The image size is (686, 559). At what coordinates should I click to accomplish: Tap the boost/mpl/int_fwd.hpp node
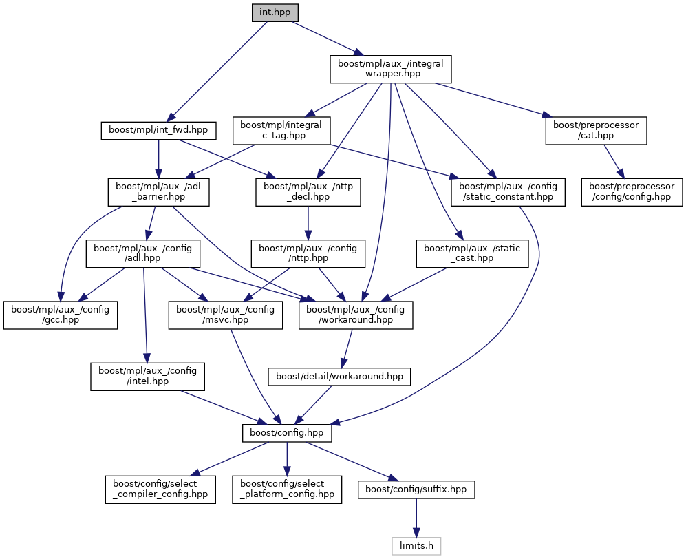coord(159,130)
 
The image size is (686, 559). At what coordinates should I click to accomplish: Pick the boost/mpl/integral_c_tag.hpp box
coord(282,130)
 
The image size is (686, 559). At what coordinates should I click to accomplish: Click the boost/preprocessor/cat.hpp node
coord(597,130)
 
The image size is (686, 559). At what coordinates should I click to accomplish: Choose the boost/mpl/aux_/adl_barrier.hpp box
coord(158,191)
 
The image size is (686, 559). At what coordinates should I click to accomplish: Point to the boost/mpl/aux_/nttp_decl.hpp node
coord(308,191)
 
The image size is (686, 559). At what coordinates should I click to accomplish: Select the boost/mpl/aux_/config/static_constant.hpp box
coord(508,191)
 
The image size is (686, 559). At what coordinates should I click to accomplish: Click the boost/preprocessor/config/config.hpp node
coord(632,191)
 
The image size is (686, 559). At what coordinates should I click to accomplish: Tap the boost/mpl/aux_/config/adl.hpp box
coord(142,253)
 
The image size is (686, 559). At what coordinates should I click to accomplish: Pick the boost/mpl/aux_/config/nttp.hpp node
coord(308,253)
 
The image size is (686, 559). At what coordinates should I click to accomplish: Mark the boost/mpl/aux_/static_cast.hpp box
coord(473,253)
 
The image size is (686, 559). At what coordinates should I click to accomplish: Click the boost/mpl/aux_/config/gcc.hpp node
coord(61,315)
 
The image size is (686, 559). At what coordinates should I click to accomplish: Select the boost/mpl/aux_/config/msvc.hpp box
coord(226,315)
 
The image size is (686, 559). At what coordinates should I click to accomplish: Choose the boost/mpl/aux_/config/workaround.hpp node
coord(356,315)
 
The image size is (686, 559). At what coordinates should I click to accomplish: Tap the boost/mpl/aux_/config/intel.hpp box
coord(147,376)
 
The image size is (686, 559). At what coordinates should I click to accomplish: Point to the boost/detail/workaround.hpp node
coord(340,377)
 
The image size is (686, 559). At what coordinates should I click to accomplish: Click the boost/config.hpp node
coord(287,433)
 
